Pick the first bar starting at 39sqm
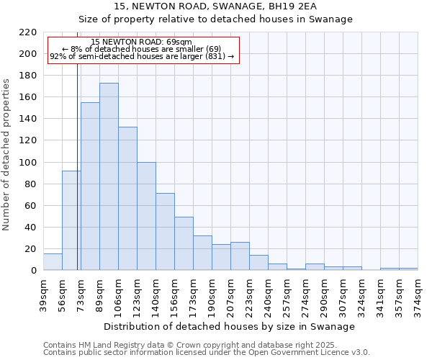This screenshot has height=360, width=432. [53, 262]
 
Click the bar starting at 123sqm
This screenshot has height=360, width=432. [146, 216]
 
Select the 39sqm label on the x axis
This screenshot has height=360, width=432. [43, 294]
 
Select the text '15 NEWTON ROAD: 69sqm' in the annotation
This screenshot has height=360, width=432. [141, 42]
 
